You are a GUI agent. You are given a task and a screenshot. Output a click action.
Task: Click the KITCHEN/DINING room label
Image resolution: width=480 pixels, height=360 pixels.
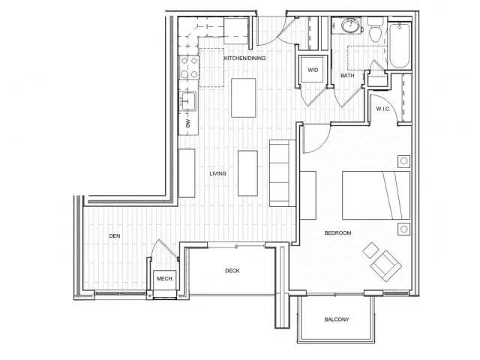click(x=246, y=58)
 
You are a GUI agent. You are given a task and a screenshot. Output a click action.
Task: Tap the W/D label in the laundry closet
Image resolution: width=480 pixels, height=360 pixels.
click(x=313, y=71)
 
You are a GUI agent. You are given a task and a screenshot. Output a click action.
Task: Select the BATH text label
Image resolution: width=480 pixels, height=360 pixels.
click(x=347, y=76)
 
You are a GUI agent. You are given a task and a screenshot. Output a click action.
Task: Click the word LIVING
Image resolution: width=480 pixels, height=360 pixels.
click(x=217, y=173)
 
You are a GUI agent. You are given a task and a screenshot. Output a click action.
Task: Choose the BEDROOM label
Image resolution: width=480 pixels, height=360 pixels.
click(x=337, y=233)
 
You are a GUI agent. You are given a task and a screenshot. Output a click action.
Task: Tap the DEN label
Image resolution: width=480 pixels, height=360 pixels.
click(x=115, y=235)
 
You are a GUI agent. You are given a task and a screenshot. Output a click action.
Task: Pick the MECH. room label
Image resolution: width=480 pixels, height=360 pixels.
click(x=164, y=279)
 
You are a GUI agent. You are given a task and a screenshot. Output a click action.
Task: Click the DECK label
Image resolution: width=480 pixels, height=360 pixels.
click(x=232, y=271)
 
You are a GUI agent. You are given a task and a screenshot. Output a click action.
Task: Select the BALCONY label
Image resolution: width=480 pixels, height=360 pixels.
click(x=336, y=319)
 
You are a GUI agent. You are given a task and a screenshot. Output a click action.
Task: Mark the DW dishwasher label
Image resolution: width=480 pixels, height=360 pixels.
click(x=187, y=123)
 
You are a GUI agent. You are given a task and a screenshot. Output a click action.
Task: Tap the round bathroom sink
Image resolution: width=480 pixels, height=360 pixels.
click(x=349, y=27)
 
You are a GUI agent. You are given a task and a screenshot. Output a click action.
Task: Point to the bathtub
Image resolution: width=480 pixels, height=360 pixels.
click(x=397, y=45)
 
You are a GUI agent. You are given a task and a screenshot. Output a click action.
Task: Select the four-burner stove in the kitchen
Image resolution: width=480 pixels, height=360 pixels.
click(x=187, y=69)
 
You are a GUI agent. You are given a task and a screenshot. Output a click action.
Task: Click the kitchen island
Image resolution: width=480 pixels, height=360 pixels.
click(x=244, y=96)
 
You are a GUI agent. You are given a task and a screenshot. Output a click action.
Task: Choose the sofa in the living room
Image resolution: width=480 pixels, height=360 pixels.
click(x=283, y=172)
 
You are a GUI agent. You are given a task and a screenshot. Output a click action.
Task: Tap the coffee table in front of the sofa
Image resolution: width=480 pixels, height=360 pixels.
click(x=249, y=173)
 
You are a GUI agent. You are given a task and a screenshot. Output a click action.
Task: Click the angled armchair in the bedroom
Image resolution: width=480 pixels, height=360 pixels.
click(x=384, y=262)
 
